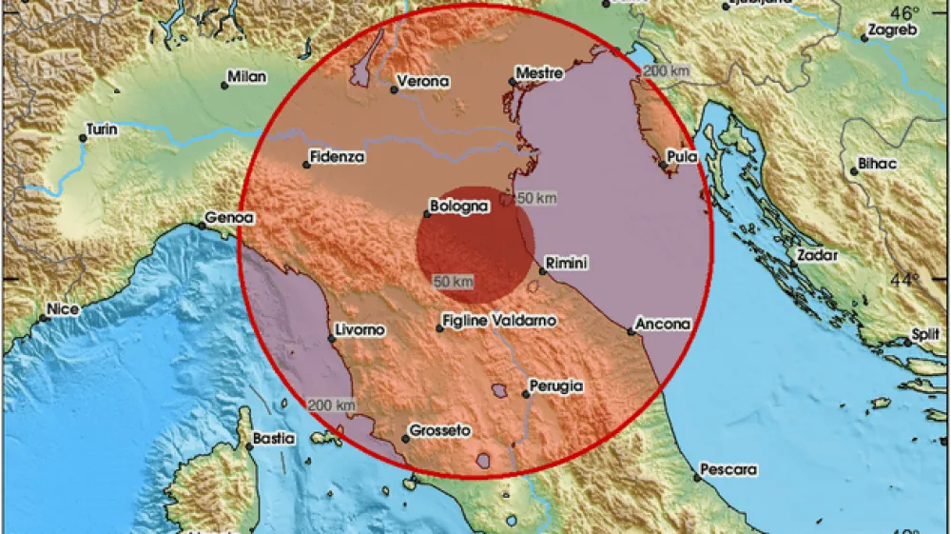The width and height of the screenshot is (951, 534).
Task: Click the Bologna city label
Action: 459,205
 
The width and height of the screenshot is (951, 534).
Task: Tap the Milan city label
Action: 247,77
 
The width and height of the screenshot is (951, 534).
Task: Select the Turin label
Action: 102,129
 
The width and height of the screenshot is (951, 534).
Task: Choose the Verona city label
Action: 423,81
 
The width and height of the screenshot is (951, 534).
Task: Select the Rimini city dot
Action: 542,271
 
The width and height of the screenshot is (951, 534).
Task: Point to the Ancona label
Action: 664,325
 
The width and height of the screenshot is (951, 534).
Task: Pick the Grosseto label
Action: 439,431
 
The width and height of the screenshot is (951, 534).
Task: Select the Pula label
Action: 683,156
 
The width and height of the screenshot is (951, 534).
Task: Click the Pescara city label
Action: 728,469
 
